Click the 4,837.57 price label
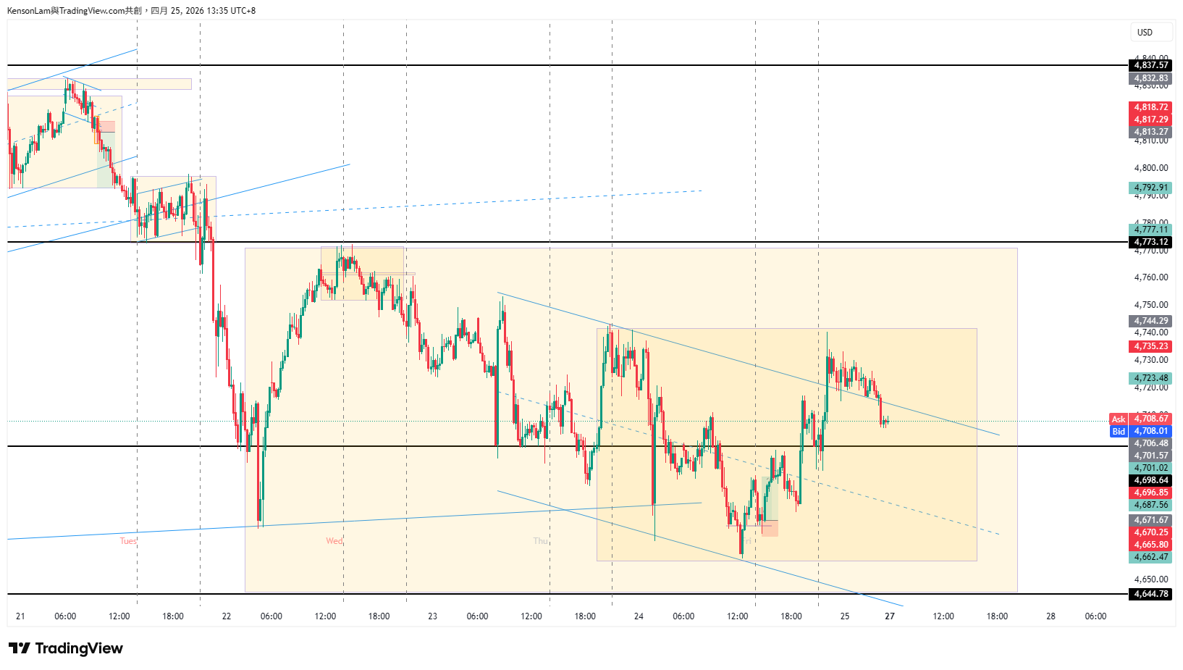[x=1150, y=65]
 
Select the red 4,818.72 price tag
[x=1150, y=107]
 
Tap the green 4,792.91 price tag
[x=1150, y=188]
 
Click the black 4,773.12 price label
[x=1150, y=242]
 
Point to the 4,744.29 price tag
[x=1150, y=321]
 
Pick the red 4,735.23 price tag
[x=1150, y=346]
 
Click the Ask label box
[x=1119, y=419]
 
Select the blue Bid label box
[x=1119, y=432]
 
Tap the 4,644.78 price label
[x=1150, y=594]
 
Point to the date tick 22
[x=227, y=616]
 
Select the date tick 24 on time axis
[x=639, y=616]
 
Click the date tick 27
[x=890, y=616]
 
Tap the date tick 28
[x=1051, y=616]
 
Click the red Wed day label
[x=334, y=541]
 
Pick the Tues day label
[x=128, y=541]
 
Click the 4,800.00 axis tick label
[x=1150, y=168]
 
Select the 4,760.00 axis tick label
[x=1150, y=277]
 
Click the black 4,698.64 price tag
[x=1150, y=480]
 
